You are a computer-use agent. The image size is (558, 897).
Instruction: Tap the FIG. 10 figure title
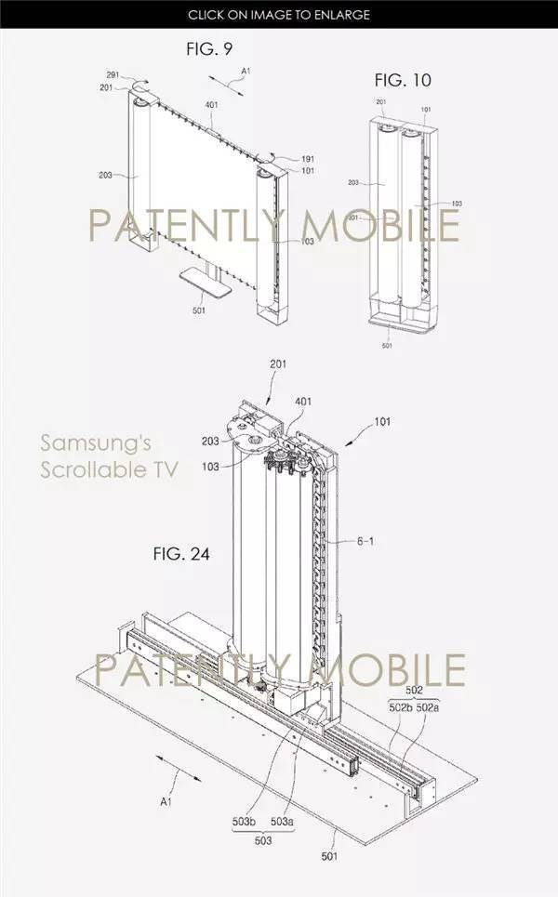(403, 80)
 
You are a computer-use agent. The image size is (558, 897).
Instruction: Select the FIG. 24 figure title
(181, 554)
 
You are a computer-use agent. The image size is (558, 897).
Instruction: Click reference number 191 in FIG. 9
(308, 159)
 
